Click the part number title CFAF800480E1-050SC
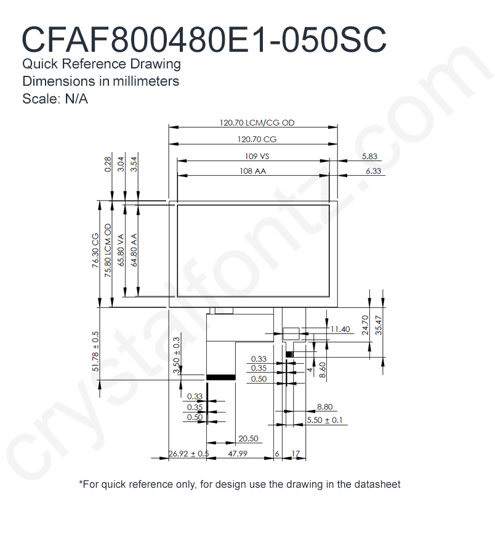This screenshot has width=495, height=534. (x=204, y=39)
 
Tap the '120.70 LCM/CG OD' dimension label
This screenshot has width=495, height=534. (x=257, y=123)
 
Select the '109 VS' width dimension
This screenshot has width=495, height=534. (x=257, y=156)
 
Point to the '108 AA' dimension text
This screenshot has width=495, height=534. (x=252, y=171)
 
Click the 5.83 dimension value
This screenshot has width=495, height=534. (x=369, y=157)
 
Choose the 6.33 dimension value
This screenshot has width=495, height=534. (x=373, y=171)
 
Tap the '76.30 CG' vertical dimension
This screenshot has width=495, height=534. (x=95, y=250)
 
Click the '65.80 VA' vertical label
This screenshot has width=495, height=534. (x=121, y=250)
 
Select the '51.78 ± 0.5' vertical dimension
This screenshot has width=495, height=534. (x=95, y=351)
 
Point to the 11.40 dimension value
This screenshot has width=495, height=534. (x=340, y=329)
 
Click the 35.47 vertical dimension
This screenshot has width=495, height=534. (x=379, y=325)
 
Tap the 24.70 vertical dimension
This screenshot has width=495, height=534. (x=366, y=325)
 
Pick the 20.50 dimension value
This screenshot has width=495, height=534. (x=248, y=438)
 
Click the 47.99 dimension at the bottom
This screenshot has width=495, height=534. (x=238, y=454)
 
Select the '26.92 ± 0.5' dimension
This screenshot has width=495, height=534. (x=188, y=454)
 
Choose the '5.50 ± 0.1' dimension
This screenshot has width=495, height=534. (x=324, y=420)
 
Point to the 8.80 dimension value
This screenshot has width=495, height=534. (x=324, y=406)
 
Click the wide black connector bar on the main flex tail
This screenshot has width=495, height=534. (x=221, y=377)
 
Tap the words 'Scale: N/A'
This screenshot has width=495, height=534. (x=55, y=99)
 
